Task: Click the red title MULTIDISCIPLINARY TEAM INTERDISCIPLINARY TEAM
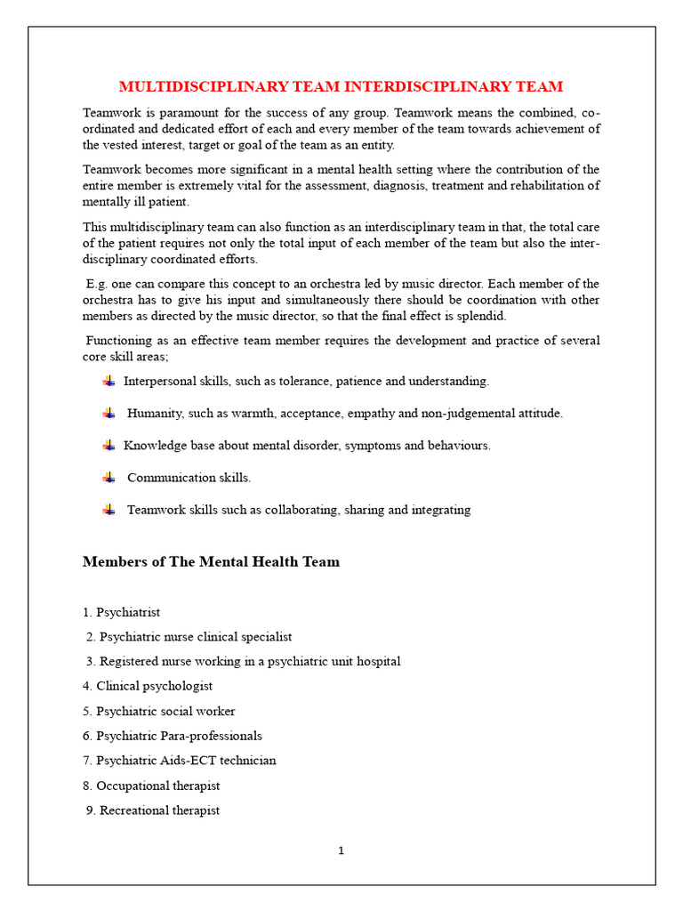point(341,86)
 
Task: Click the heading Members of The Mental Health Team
point(211,562)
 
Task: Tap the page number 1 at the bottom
point(341,851)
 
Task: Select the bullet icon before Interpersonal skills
point(108,381)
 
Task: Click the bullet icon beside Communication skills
point(108,478)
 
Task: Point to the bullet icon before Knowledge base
point(108,445)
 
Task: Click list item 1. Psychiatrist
point(122,612)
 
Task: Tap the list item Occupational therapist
point(151,786)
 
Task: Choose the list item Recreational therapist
point(153,810)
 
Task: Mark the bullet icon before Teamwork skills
point(108,510)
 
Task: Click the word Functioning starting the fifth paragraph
point(121,341)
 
